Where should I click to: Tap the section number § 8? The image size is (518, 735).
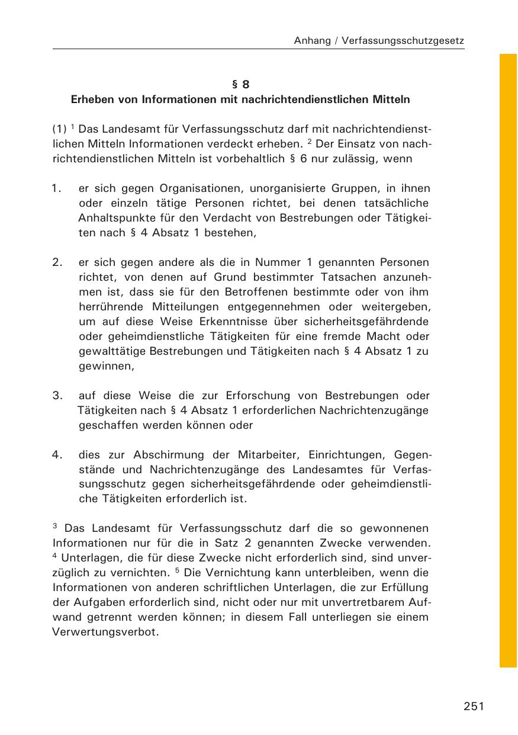pos(240,84)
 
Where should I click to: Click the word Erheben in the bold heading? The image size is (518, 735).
pos(91,100)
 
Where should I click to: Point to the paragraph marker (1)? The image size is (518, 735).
pos(59,129)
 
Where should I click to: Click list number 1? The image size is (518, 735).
pos(57,189)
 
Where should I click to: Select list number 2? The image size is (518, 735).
pos(57,262)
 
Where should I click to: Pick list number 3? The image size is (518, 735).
pos(57,396)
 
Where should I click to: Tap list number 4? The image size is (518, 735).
pos(57,455)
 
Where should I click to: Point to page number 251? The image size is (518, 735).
pos(474,706)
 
